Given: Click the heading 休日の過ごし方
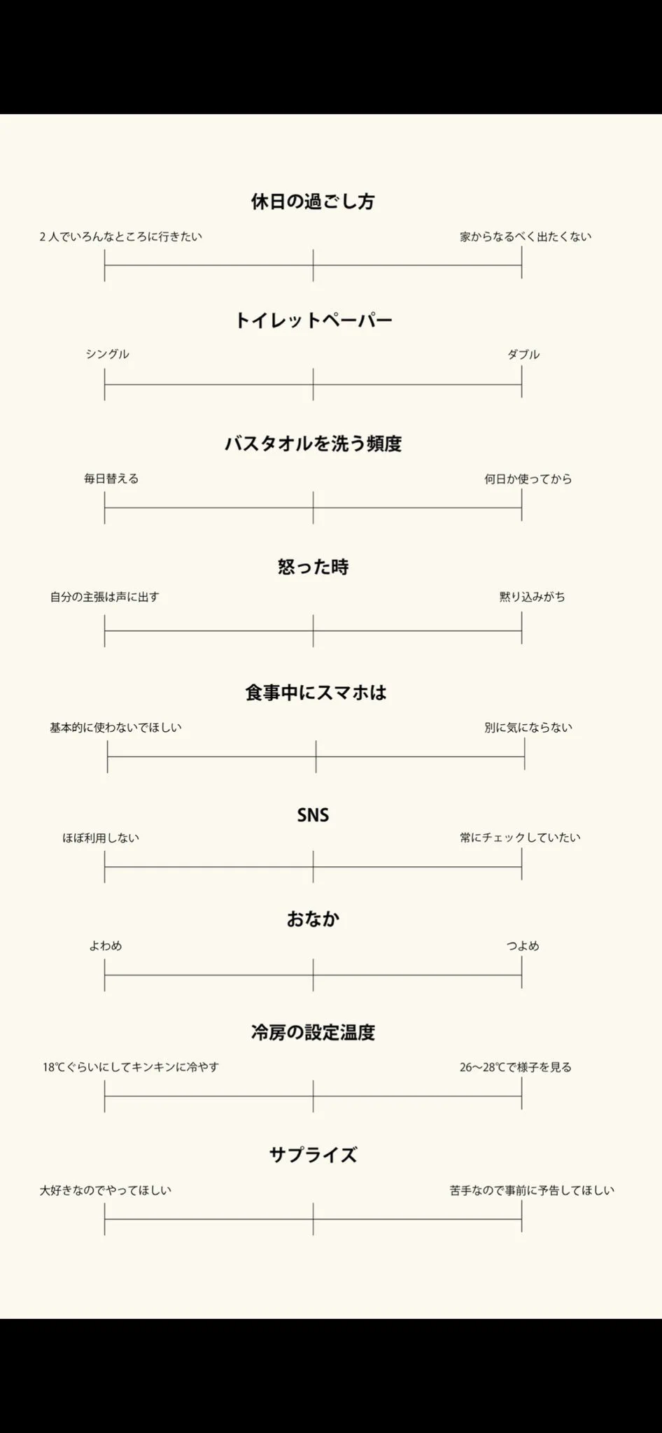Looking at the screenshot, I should [x=313, y=202].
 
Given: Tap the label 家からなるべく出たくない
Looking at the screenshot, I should [x=525, y=237].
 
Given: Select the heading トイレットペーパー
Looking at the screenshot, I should [x=313, y=320].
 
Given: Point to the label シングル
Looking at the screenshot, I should [x=107, y=354].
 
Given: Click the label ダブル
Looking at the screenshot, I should [x=523, y=354].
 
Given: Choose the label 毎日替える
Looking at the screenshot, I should [x=111, y=479].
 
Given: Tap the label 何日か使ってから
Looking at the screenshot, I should [x=528, y=479].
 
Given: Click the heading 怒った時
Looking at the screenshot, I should [x=313, y=567].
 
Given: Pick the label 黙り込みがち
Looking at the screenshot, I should [x=532, y=597].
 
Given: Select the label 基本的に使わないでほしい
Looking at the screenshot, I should [x=115, y=728].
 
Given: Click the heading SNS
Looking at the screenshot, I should [x=313, y=815].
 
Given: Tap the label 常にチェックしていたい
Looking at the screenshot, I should [x=520, y=838].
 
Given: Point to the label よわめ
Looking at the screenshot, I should [x=106, y=946].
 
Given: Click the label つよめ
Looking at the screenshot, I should [x=523, y=946].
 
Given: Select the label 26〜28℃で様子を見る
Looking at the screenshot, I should [x=516, y=1067].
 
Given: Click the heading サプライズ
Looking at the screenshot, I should [x=313, y=1155].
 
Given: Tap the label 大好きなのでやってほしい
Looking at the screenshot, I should [x=106, y=1190].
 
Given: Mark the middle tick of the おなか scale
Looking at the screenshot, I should [x=313, y=975].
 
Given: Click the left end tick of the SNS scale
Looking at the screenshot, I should [x=104, y=867].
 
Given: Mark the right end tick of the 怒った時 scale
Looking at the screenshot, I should [x=521, y=630].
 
